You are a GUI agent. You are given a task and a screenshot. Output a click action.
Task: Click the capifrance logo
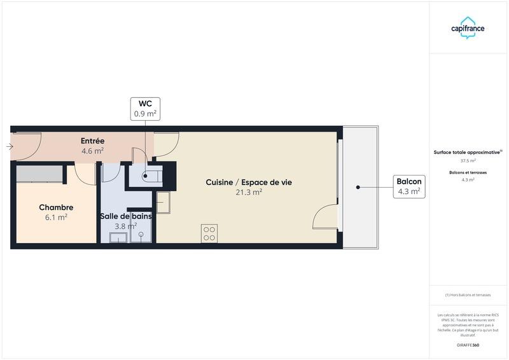(x=468, y=28)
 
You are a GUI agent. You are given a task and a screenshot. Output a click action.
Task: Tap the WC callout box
(x=145, y=109)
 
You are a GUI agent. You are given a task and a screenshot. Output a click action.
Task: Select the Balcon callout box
(x=409, y=186)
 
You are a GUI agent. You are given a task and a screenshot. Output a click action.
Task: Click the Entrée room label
(x=92, y=141)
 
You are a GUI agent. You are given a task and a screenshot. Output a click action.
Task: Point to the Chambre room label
(x=56, y=207)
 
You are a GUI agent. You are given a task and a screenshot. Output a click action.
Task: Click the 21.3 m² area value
(x=249, y=192)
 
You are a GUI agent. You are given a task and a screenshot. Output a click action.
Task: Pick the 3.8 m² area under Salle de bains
(x=125, y=226)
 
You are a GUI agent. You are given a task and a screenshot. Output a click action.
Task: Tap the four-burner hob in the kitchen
(x=209, y=233)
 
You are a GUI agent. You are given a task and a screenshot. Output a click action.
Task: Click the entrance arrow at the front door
(x=9, y=147)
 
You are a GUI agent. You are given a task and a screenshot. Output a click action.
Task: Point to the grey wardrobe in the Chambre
(x=39, y=173)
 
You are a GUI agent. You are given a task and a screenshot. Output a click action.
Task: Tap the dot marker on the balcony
(x=358, y=187)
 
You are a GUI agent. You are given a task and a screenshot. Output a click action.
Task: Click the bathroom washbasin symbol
(x=118, y=238)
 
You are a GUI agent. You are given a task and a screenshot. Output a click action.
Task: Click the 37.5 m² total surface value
(x=468, y=161)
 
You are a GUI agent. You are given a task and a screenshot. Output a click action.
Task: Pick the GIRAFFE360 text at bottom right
(x=468, y=345)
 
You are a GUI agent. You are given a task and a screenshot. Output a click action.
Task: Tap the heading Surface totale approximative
(x=468, y=152)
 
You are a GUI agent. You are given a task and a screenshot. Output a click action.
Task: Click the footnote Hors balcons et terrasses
(x=468, y=295)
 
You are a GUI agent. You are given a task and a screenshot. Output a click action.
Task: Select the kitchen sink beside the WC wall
(x=164, y=202)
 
